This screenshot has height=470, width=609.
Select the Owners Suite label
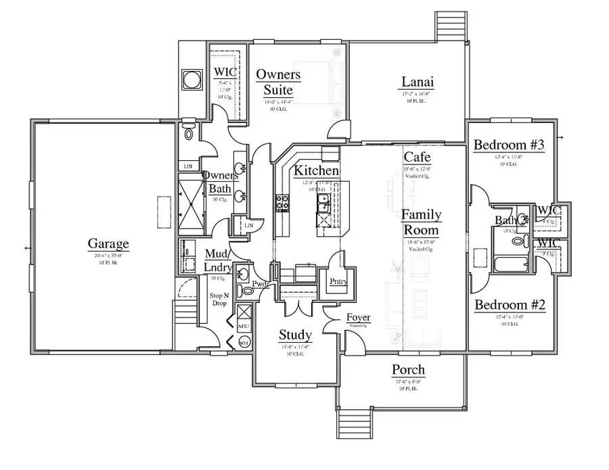pyautogui.click(x=278, y=82)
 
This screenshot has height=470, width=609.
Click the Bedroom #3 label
pyautogui.click(x=509, y=145)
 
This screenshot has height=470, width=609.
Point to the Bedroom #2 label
pyautogui.click(x=510, y=305)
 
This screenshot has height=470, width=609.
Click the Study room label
pyautogui.click(x=295, y=335)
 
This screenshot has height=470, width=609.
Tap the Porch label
pyautogui.click(x=409, y=370)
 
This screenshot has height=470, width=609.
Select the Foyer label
pyautogui.click(x=358, y=318)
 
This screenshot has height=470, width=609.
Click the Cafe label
pyautogui.click(x=416, y=158)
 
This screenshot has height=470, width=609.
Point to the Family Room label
pyautogui.click(x=421, y=222)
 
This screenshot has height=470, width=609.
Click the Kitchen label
pyautogui.click(x=312, y=171)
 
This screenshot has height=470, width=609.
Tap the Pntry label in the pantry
pyautogui.click(x=338, y=281)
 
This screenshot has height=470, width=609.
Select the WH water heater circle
pyautogui.click(x=244, y=343)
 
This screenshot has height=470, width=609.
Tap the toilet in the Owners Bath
pyautogui.click(x=189, y=133)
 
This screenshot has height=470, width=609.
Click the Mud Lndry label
pyautogui.click(x=218, y=260)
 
